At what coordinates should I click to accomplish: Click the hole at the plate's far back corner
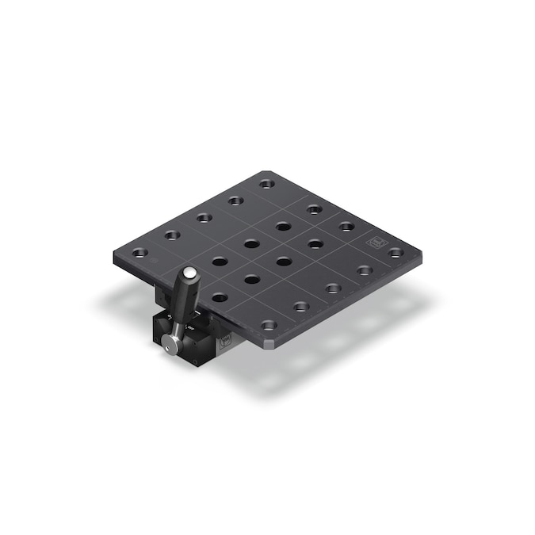click(266, 183)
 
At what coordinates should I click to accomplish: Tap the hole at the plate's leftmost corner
click(139, 253)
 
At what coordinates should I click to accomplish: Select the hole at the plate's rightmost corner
click(396, 253)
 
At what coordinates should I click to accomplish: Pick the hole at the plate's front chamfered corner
click(269, 325)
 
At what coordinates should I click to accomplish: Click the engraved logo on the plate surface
click(373, 240)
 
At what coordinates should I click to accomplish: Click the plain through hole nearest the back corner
click(283, 227)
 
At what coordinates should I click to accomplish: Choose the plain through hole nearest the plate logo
click(315, 243)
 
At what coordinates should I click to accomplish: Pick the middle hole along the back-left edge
click(204, 217)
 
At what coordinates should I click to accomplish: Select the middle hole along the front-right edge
click(333, 288)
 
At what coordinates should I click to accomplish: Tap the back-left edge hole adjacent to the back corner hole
click(235, 200)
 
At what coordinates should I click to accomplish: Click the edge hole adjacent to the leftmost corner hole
click(171, 235)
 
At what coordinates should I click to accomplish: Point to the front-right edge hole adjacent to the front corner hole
click(300, 306)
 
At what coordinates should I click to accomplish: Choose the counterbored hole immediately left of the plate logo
click(346, 227)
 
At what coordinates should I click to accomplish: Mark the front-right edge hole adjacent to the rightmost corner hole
click(365, 270)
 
